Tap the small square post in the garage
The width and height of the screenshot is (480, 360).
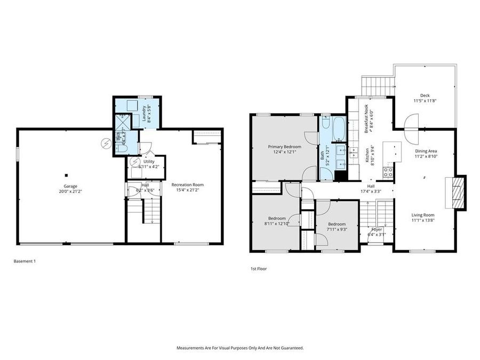click(x=67, y=175)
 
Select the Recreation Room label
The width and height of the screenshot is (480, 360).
click(x=187, y=185)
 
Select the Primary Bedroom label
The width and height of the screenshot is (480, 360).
click(x=284, y=147)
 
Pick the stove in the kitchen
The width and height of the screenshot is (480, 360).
click(x=388, y=172)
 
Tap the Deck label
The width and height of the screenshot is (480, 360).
click(x=425, y=95)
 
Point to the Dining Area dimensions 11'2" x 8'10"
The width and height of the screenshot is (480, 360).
click(x=426, y=157)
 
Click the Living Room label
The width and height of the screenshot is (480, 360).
click(x=422, y=215)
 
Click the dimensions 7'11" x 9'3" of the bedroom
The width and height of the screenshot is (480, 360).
click(x=337, y=229)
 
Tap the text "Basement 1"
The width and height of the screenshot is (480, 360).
click(x=24, y=261)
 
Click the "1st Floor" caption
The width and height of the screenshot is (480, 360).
click(x=258, y=269)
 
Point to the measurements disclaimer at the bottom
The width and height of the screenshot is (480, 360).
click(x=240, y=348)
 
